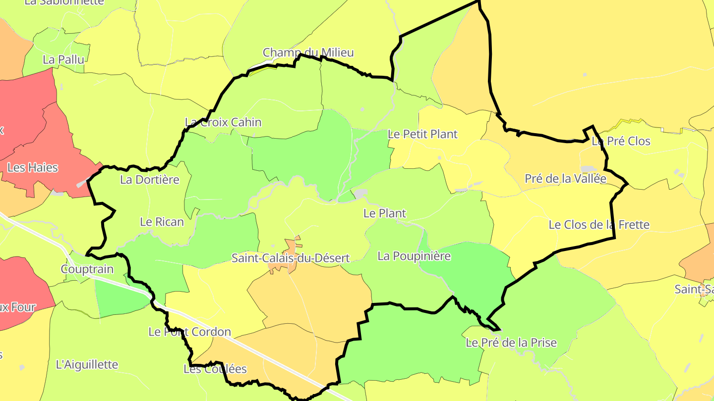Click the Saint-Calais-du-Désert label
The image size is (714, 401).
coord(291,258)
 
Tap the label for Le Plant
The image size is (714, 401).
coord(385,213)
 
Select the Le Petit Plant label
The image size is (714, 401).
coord(422,134)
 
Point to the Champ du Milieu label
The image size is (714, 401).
coord(308,52)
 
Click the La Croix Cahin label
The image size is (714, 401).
coord(223,122)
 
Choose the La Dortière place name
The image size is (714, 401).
coord(150,180)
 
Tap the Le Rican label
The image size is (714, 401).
coord(162,222)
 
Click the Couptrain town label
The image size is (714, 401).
coord(87,269)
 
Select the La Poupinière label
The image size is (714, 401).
coord(414,256)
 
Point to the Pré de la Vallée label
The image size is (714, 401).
coord(566,179)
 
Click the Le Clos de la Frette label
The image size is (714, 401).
coord(599,225)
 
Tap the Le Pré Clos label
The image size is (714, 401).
coord(621,141)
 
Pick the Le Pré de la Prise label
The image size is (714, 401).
coord(511,343)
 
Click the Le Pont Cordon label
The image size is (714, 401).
coord(190,332)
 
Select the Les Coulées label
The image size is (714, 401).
coord(215,369)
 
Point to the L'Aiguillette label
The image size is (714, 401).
coord(87,365)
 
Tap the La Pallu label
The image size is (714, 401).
coord(63,59)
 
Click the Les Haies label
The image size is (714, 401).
coord(33,168)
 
